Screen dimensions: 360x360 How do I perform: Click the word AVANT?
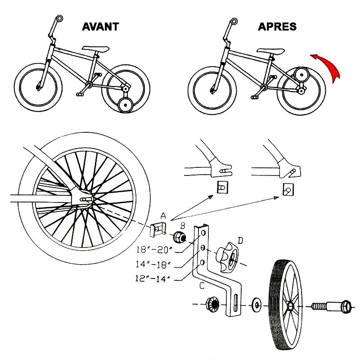[100, 26]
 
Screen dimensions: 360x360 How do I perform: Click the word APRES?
[277, 26]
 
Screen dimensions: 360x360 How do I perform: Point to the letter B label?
[183, 225]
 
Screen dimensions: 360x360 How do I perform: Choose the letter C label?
[202, 284]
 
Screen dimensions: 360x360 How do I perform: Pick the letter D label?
[240, 241]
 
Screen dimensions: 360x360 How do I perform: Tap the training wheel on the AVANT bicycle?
[125, 106]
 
